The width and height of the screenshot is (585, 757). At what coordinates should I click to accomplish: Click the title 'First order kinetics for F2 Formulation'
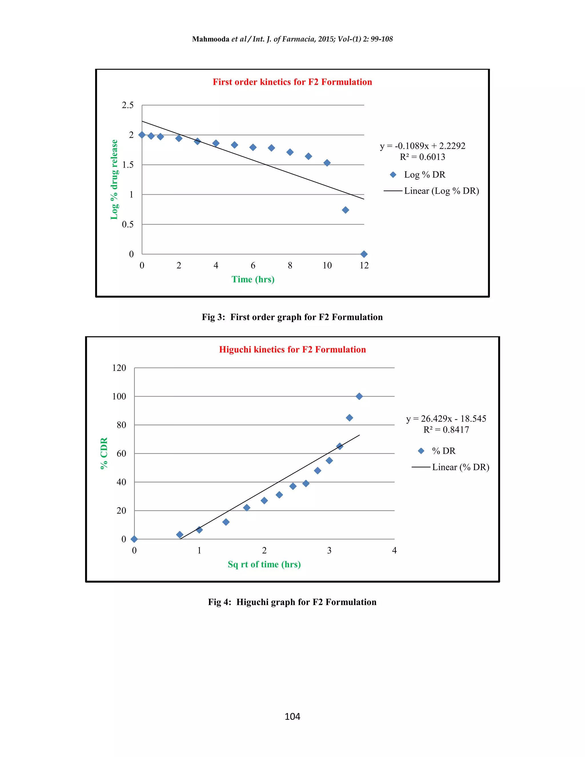pyautogui.click(x=292, y=82)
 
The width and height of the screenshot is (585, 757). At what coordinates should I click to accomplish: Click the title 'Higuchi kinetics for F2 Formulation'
pyautogui.click(x=292, y=349)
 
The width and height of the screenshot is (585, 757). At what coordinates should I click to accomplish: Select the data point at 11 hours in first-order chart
pyautogui.click(x=345, y=210)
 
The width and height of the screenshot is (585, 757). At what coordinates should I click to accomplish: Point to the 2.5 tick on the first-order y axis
pyautogui.click(x=127, y=105)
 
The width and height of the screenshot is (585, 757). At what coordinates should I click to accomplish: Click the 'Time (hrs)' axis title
pyautogui.click(x=253, y=279)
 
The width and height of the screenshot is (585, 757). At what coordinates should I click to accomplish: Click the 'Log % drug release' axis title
pyautogui.click(x=114, y=180)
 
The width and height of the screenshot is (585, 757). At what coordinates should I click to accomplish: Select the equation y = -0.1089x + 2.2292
pyautogui.click(x=422, y=146)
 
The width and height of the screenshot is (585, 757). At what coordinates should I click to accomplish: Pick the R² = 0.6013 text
pyautogui.click(x=422, y=157)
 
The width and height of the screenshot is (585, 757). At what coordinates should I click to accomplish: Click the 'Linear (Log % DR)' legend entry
pyautogui.click(x=441, y=191)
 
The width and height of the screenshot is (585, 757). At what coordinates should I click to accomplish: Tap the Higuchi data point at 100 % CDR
pyautogui.click(x=359, y=396)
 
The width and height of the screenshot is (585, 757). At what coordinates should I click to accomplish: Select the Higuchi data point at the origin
pyautogui.click(x=134, y=539)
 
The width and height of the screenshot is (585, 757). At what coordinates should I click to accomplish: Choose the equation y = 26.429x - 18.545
pyautogui.click(x=446, y=419)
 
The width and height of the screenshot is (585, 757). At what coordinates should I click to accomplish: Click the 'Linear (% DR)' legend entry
pyautogui.click(x=460, y=467)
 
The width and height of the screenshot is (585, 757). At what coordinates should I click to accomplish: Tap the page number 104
pyautogui.click(x=292, y=716)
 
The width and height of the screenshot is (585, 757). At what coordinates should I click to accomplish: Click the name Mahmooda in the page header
pyautogui.click(x=211, y=39)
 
